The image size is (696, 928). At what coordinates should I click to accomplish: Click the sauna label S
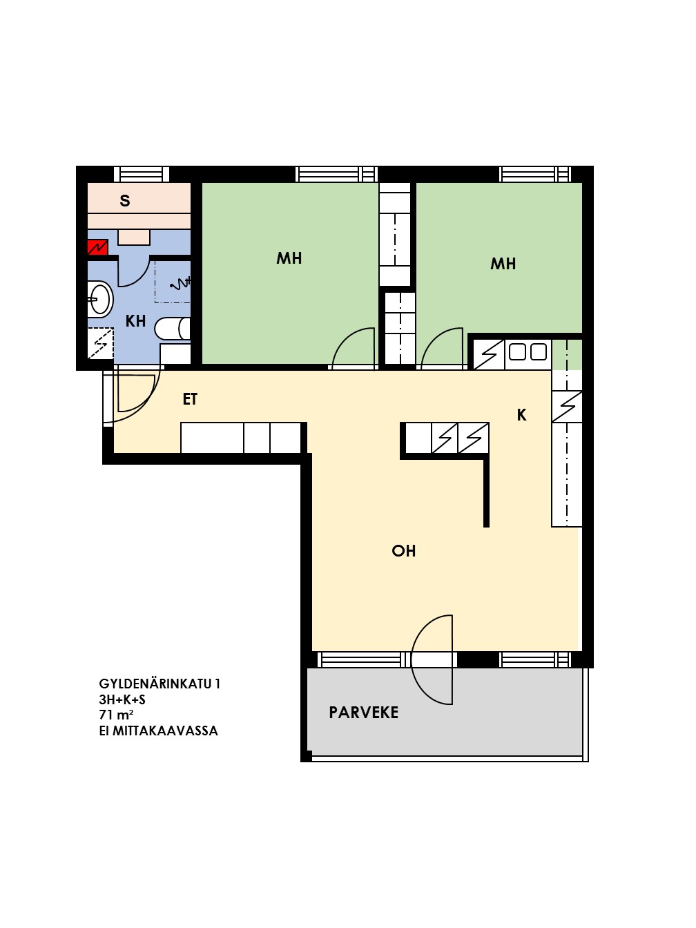click(x=125, y=200)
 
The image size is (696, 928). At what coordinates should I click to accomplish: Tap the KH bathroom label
click(x=135, y=321)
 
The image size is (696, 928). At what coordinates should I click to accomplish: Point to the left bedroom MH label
click(x=289, y=258)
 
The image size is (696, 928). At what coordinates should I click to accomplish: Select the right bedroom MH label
click(x=503, y=264)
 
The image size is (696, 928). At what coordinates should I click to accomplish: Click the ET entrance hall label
click(x=190, y=399)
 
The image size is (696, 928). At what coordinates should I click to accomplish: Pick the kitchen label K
click(x=522, y=415)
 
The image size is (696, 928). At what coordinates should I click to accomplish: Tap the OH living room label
click(x=403, y=551)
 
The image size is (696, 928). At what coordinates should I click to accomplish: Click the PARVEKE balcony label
click(x=363, y=713)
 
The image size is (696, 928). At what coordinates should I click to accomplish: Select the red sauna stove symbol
click(x=97, y=247)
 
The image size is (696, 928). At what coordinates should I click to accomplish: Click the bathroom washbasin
click(x=100, y=300)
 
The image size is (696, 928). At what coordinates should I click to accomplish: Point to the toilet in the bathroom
click(x=172, y=329)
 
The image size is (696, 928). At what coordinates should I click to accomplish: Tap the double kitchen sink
click(x=528, y=352)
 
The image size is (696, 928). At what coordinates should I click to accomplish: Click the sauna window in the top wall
click(x=142, y=174)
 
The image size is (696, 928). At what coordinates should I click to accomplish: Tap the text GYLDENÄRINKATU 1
click(x=159, y=684)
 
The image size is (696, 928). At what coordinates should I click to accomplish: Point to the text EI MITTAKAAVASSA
click(x=159, y=731)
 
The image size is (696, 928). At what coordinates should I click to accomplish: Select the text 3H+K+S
click(x=122, y=699)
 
